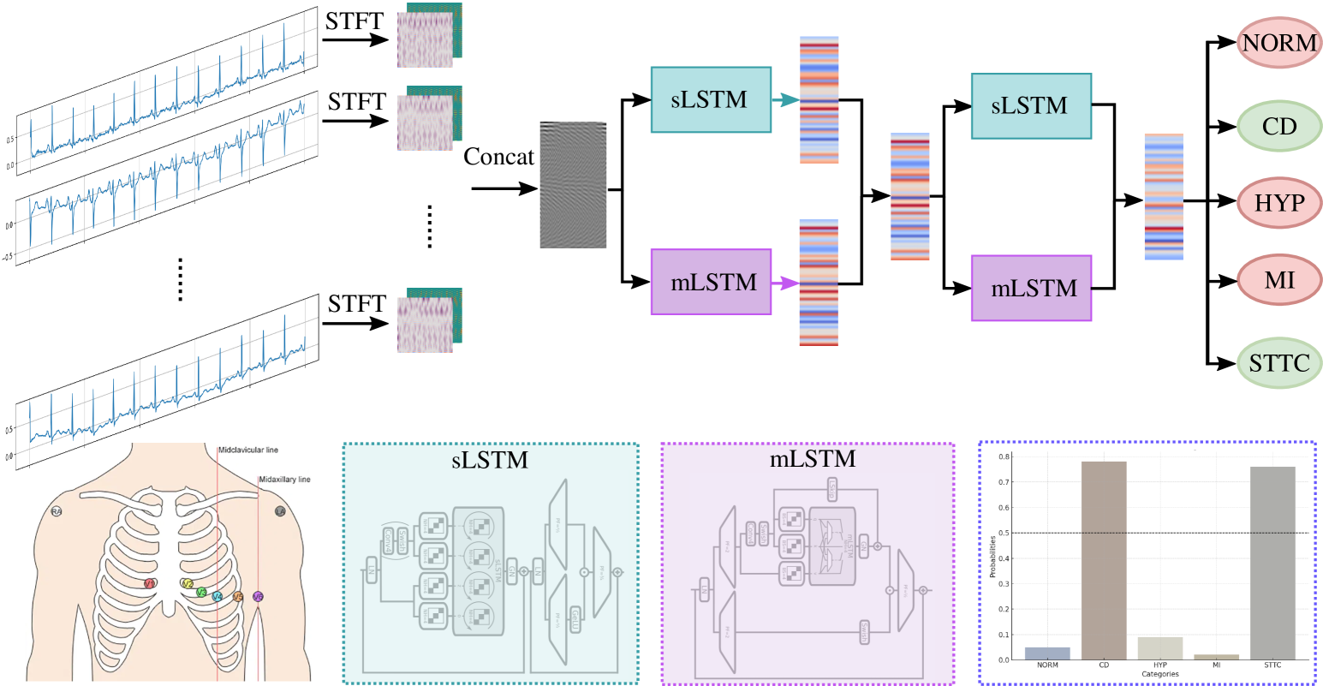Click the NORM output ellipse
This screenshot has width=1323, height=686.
1279,42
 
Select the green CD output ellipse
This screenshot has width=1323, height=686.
1279,127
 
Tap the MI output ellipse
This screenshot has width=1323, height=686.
1279,280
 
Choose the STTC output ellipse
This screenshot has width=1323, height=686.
1279,363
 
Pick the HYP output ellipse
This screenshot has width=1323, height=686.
1279,203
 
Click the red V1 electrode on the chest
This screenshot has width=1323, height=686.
150,583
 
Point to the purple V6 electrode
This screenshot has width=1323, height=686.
258,596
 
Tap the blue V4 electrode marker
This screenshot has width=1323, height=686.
218,596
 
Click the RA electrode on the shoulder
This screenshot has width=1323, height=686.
57,512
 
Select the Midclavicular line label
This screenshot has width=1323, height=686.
247,450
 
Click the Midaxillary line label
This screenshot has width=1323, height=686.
284,480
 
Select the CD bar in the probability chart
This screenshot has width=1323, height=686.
1104,560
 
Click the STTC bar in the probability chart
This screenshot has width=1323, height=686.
1272,563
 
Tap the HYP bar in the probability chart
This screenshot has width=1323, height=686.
1159,648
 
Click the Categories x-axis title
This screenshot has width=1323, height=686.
1159,675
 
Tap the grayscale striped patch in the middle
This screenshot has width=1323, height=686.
573,185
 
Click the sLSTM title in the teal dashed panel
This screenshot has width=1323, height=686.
490,460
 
